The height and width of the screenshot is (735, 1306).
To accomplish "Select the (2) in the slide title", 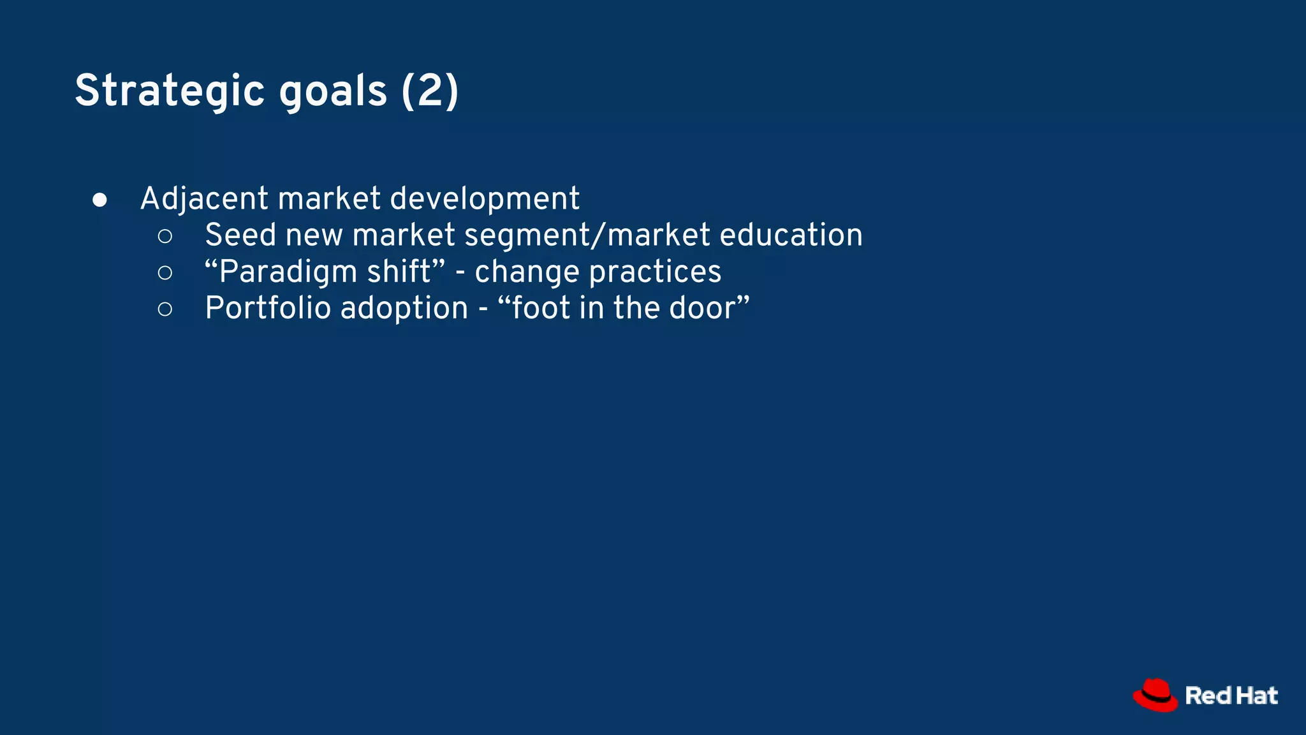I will pos(430,91).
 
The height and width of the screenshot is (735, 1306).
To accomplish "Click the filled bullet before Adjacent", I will pos(99,200).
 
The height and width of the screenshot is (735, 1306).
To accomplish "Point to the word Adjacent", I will pos(203,199).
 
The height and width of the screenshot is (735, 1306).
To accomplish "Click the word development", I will pos(485,199).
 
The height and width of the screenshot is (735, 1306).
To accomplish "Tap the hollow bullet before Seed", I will pos(165,237).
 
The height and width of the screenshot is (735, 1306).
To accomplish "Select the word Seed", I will pos(240,235).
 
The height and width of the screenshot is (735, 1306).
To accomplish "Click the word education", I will pos(791,235).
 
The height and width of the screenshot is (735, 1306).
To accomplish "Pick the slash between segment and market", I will pos(598,235).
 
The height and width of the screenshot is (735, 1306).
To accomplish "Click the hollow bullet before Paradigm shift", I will pos(165,273).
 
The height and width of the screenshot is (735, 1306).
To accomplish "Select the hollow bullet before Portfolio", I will pos(165,309).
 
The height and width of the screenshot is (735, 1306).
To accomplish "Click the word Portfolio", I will pos(268,308).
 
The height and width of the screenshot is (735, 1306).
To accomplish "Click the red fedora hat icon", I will pos(1155,695).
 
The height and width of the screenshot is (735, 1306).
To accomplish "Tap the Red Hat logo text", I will pos(1231,695).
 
